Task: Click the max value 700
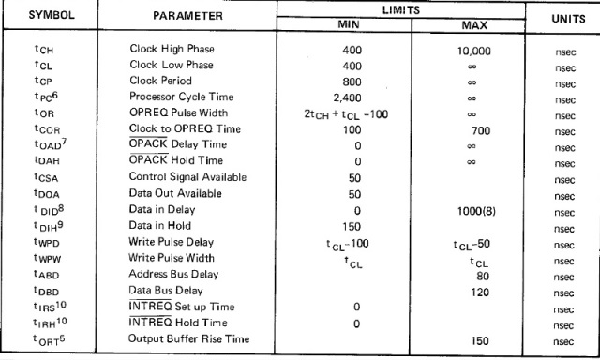coord(482,128)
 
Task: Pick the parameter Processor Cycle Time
coord(182,97)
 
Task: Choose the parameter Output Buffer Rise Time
coord(187,338)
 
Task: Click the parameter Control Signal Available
coord(187,177)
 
